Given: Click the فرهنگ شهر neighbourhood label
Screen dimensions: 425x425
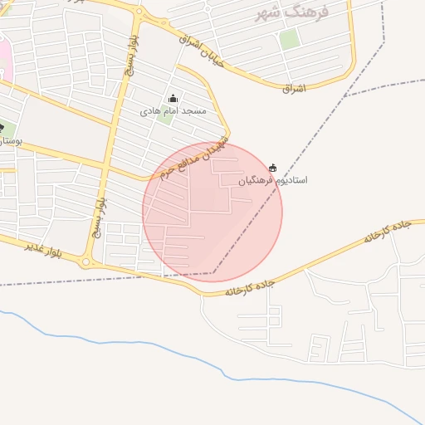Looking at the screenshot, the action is tap(291, 12).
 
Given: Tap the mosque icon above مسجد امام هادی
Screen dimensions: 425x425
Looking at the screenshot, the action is tap(173, 99).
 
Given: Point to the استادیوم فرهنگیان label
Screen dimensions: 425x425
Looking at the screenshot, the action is tap(273, 179).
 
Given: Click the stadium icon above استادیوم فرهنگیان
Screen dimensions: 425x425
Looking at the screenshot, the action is tap(273, 168).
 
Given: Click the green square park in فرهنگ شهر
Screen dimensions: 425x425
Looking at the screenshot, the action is tap(289, 38).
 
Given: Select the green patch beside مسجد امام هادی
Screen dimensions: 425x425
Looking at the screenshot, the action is tap(165, 117).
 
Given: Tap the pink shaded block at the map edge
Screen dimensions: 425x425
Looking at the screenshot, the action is tap(3, 58).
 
